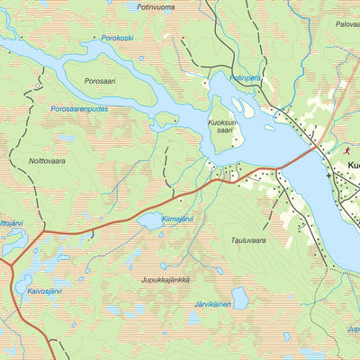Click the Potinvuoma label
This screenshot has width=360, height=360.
point(155,6)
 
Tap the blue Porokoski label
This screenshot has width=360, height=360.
point(119,39)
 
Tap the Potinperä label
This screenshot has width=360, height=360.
point(246,78)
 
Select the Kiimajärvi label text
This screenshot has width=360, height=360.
point(178,218)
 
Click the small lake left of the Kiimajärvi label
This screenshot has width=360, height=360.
point(148,220)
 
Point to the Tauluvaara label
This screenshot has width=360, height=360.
point(248,241)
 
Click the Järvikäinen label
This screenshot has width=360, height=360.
point(213,304)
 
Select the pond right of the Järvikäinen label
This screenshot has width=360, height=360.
point(240,297)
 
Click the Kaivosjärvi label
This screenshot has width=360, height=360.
point(44,292)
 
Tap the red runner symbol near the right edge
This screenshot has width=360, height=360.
point(346,149)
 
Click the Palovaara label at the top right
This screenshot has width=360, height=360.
point(346,24)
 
